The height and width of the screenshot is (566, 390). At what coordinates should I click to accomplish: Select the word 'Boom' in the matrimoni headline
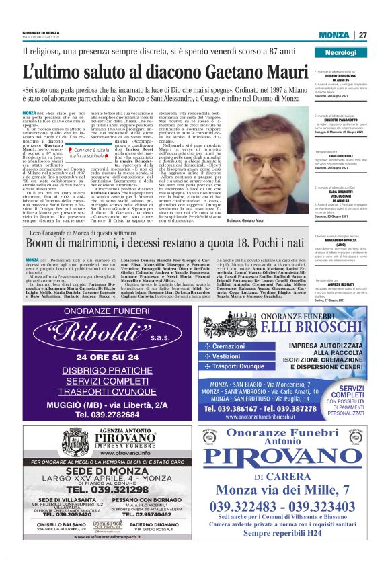(42, 243)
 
